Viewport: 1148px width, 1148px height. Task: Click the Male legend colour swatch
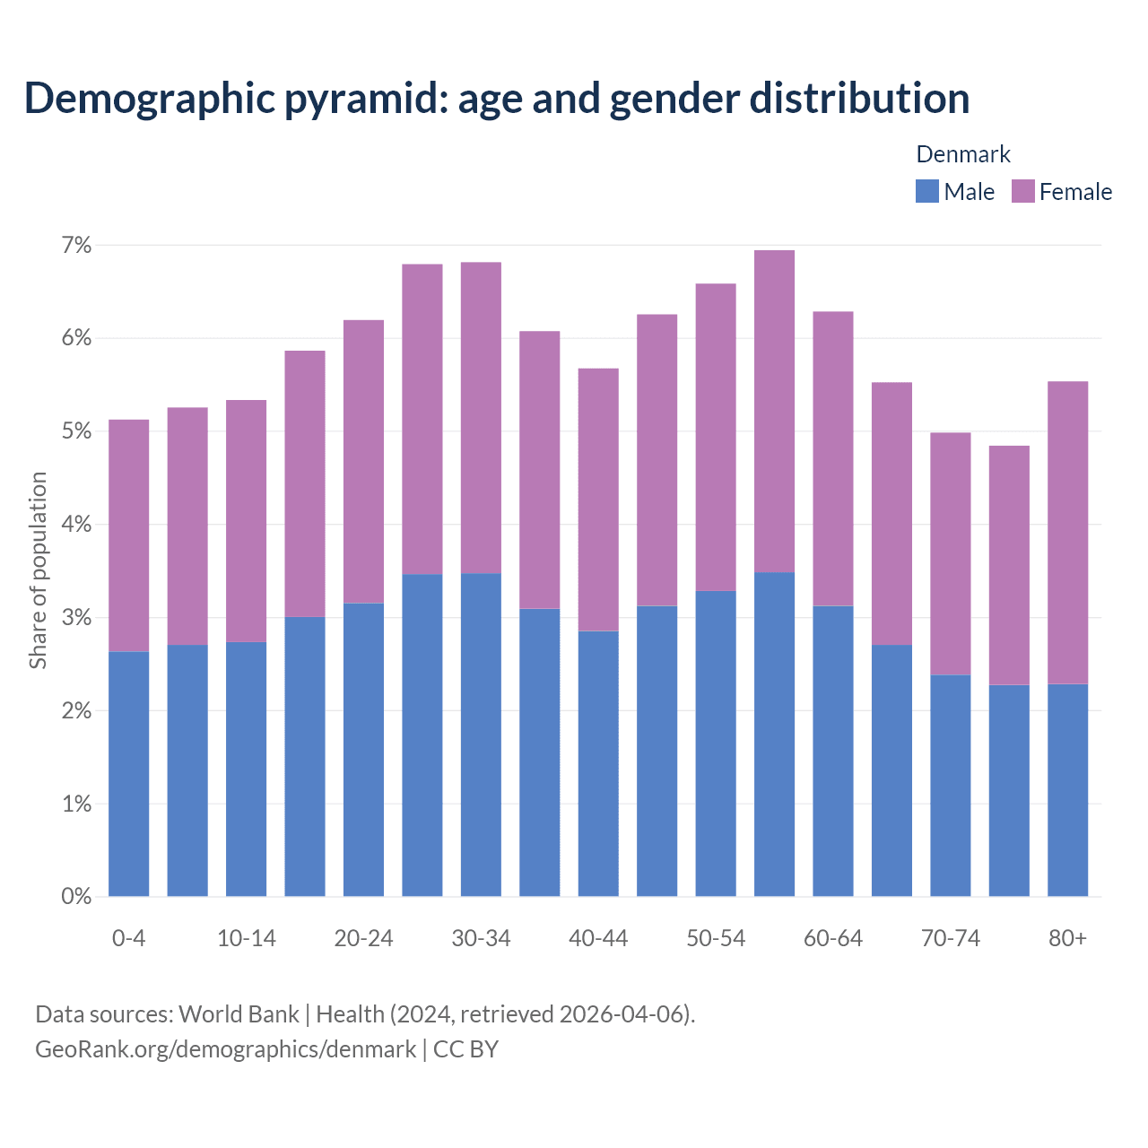pyautogui.click(x=926, y=191)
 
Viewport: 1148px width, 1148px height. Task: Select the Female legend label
pyautogui.click(x=1075, y=192)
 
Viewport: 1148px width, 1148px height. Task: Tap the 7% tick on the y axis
pyautogui.click(x=76, y=245)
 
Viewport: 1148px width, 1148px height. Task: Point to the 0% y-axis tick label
pyautogui.click(x=76, y=896)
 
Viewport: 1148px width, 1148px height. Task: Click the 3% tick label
pyautogui.click(x=76, y=617)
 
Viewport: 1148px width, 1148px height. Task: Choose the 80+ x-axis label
pyautogui.click(x=1067, y=938)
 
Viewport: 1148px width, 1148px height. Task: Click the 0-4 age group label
pyautogui.click(x=128, y=938)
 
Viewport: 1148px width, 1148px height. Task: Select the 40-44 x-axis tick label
pyautogui.click(x=598, y=938)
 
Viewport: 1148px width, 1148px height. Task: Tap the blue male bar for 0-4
pyautogui.click(x=128, y=773)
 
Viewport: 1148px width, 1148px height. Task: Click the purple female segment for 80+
pyautogui.click(x=1067, y=533)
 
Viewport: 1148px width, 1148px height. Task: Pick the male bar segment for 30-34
pyautogui.click(x=481, y=735)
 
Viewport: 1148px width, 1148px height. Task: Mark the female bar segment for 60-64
pyautogui.click(x=832, y=458)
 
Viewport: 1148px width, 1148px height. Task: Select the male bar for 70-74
pyautogui.click(x=950, y=785)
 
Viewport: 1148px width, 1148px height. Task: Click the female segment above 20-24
pyautogui.click(x=363, y=461)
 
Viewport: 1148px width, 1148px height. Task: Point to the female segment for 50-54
pyautogui.click(x=716, y=437)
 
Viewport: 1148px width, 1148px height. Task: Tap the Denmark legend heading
pyautogui.click(x=962, y=154)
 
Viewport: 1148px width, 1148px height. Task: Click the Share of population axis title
pyautogui.click(x=38, y=570)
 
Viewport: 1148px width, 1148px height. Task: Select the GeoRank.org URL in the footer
pyautogui.click(x=225, y=1048)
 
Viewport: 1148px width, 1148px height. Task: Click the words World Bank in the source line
pyautogui.click(x=239, y=1013)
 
